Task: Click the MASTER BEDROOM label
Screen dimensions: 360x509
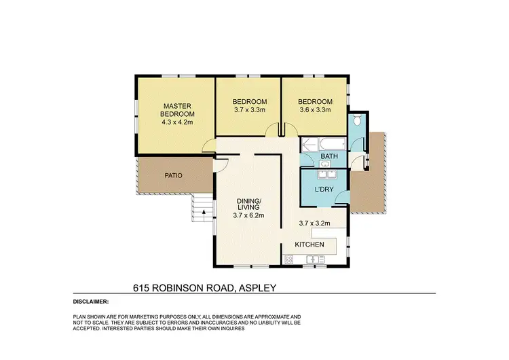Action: (177, 109)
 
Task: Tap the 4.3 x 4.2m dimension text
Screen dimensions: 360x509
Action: (177, 123)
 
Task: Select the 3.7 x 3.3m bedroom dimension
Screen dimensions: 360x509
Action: (248, 109)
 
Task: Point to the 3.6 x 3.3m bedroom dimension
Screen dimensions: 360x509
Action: (315, 109)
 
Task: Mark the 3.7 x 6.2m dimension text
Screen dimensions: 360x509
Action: (248, 216)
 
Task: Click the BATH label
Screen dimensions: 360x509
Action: (329, 157)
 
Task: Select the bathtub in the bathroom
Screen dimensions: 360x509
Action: (320, 144)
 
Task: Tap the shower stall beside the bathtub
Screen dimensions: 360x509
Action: (358, 143)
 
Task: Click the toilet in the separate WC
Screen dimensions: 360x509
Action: (358, 122)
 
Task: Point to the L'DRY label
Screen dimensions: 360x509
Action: (324, 191)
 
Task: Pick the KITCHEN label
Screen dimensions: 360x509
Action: (309, 245)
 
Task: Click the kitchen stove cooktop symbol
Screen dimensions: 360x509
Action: (288, 259)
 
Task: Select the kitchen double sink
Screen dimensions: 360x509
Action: (315, 259)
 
